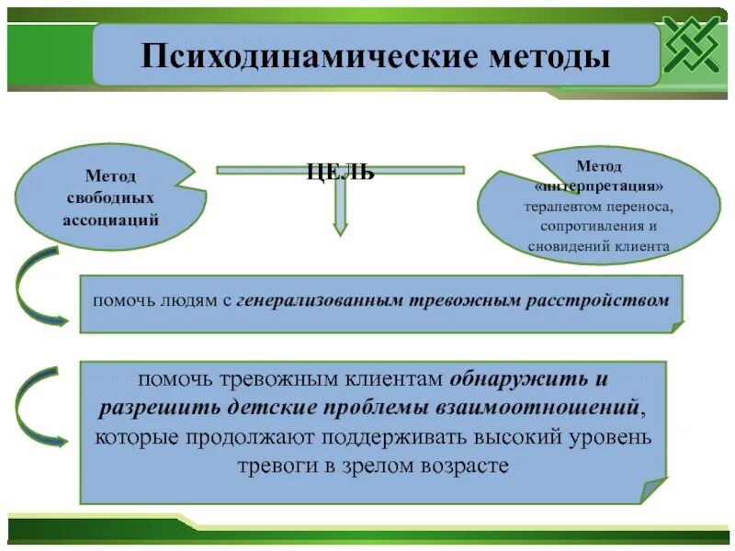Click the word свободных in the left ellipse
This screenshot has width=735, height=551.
click(x=110, y=197)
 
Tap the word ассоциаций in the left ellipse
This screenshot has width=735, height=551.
click(x=110, y=219)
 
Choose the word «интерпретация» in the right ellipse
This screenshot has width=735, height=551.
click(x=598, y=186)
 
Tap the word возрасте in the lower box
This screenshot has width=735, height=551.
click(x=458, y=465)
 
